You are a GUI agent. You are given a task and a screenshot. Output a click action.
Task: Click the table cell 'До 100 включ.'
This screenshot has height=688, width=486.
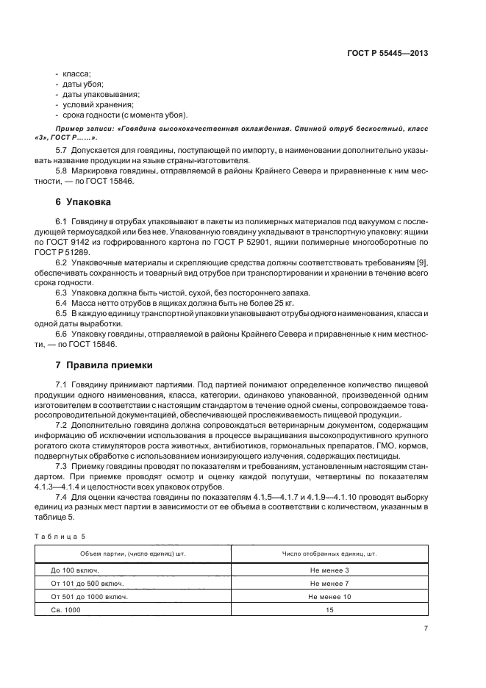tap(75, 570)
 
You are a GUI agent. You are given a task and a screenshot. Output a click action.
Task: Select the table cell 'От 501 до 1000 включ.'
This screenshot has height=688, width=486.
tap(90, 596)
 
